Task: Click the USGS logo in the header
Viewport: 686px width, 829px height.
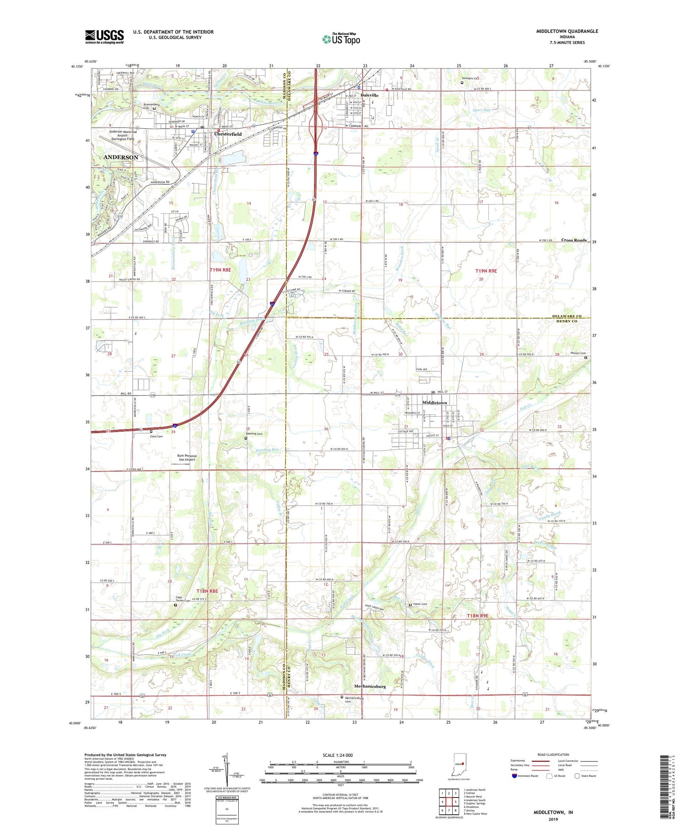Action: tap(104, 37)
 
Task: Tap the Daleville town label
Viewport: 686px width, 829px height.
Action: tap(370, 95)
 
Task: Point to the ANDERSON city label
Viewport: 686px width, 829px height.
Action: tap(121, 157)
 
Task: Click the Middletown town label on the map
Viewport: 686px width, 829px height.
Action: tap(434, 402)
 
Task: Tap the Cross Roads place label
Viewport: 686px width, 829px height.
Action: tap(574, 240)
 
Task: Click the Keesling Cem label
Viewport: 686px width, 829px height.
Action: tap(254, 433)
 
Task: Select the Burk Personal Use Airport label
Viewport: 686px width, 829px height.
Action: tap(187, 457)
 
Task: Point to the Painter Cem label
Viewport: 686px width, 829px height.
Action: tap(578, 353)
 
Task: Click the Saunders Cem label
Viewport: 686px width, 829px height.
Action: tap(470, 78)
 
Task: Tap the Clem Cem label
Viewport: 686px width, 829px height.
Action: tap(156, 436)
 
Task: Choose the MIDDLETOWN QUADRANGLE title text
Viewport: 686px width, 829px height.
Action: tap(567, 31)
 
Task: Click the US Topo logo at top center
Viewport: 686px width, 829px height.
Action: tap(341, 39)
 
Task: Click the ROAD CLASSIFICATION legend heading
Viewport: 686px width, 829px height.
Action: tap(553, 754)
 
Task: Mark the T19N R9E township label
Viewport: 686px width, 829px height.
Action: tap(486, 271)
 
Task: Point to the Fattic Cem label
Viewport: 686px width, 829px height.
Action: tap(420, 604)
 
